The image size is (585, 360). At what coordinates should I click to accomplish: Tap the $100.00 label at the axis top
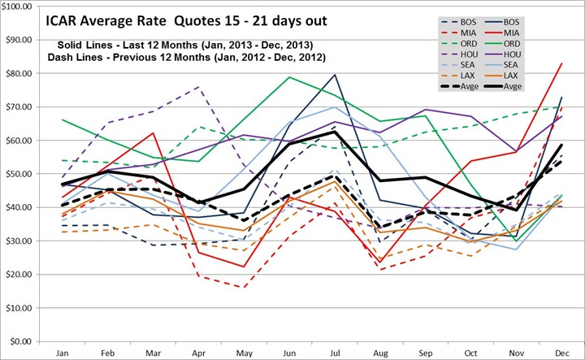[x=15, y=6]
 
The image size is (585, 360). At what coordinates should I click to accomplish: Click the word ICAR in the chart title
[x=75, y=22]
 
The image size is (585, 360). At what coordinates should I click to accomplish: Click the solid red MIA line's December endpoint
[x=560, y=63]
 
